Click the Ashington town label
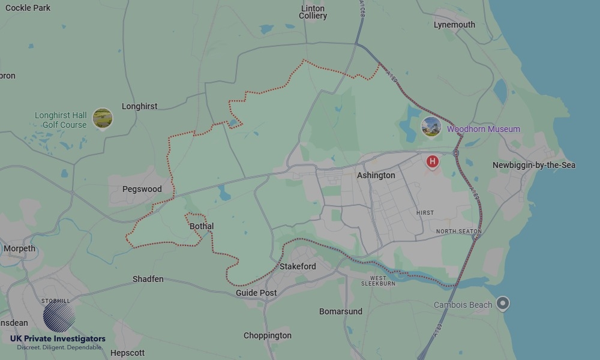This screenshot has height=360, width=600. pos(376,175)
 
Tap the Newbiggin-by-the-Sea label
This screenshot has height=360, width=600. pos(534,165)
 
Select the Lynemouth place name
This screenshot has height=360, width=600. pos(454,25)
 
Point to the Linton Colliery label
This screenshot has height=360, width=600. pos(313,12)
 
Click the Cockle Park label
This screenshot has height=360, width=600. pos(28,8)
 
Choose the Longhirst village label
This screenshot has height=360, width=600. pos(139,106)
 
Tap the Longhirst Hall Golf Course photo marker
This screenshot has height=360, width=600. pos(103,118)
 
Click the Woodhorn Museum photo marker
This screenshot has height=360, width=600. pos(431,127)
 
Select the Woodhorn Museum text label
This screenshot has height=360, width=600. pos(484,129)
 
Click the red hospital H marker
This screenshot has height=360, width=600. pos(432,161)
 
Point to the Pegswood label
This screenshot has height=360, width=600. pos(142,189)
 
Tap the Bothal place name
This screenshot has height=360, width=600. pos(202,226)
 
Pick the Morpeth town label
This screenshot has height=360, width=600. pos(20,248)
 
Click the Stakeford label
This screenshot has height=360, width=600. pos(298,266)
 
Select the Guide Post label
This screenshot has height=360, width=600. pos(256,293)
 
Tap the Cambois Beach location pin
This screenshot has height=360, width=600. pos(503,304)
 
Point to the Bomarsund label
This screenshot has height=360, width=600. pos(341,311)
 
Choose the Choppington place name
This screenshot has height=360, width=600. pos(268,335)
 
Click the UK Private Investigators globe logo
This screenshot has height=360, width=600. pos(59,316)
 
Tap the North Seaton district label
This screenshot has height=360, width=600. pos(459,231)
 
